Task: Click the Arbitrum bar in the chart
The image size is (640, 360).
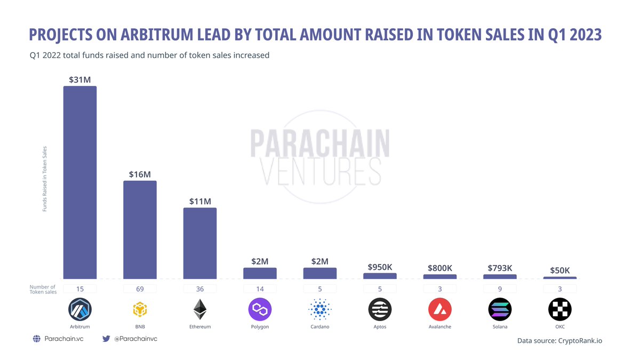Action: (80, 182)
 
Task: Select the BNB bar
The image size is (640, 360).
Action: (140, 229)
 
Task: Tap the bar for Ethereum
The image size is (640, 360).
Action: (200, 243)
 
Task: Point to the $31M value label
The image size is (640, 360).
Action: (80, 79)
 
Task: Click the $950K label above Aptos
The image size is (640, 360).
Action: (380, 267)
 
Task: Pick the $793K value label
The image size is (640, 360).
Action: (500, 268)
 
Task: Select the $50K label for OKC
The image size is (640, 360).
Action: (560, 270)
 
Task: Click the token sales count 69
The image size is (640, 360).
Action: (140, 289)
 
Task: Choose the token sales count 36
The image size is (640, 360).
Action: (200, 289)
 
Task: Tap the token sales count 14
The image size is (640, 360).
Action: (260, 289)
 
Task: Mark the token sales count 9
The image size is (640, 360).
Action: (500, 289)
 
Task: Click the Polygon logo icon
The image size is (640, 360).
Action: (260, 309)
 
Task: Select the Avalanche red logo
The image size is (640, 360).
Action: (440, 309)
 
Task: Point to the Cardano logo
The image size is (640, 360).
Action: (320, 309)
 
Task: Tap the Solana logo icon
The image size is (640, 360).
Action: (500, 309)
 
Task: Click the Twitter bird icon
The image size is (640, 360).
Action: (106, 339)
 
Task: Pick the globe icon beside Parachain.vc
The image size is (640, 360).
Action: (37, 339)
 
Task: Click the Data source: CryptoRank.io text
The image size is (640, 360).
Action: (559, 340)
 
